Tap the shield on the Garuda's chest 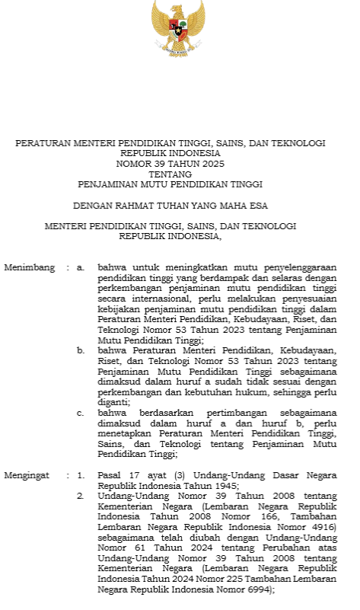(x=180, y=29)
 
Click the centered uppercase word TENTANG (x=170, y=174)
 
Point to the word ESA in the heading (x=258, y=206)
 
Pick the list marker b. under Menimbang (x=81, y=351)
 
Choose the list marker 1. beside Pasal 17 (x=81, y=475)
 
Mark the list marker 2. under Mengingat (x=81, y=496)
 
